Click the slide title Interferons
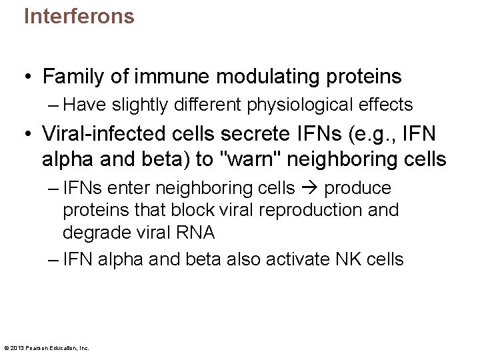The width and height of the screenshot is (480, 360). click(79, 16)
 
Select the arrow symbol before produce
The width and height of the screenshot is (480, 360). click(309, 189)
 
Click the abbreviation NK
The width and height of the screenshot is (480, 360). click(350, 259)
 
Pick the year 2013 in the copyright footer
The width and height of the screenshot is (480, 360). click(18, 348)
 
